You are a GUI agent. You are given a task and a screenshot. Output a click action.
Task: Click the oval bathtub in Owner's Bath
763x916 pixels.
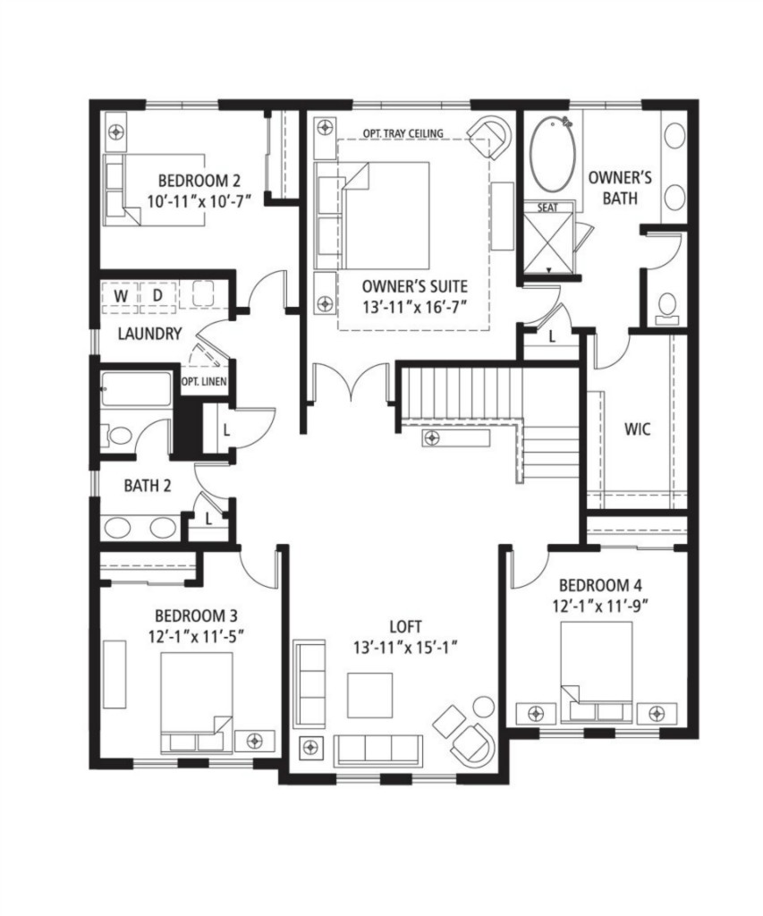552,154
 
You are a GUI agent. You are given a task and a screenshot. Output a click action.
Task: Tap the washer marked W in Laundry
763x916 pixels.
121,296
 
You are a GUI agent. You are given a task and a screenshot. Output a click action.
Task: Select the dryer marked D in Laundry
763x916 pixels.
157,296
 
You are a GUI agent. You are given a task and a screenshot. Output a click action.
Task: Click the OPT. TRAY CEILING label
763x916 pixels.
403,133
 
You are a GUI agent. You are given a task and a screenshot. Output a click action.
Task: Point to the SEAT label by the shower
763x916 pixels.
547,208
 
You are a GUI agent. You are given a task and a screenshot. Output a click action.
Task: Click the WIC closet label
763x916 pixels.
637,429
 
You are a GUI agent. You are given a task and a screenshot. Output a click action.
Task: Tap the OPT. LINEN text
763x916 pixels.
204,381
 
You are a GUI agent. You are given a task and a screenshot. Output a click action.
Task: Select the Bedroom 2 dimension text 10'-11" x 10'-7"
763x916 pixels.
199,201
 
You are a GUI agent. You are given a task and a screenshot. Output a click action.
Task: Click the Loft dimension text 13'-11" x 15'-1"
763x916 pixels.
405,648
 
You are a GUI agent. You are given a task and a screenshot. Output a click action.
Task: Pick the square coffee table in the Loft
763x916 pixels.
369,695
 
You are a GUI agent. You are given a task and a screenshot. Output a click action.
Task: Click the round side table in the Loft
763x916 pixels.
483,707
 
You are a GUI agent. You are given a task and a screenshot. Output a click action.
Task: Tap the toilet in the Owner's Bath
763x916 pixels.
666,309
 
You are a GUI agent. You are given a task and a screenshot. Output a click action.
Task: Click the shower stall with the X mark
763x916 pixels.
548,243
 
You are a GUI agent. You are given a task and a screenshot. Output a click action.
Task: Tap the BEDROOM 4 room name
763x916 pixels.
601,585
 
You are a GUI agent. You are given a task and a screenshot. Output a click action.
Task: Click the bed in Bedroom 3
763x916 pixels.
196,702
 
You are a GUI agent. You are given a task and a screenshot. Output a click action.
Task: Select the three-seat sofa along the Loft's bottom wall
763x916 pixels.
378,751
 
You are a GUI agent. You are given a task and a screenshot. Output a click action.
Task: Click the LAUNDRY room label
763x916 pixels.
149,334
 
